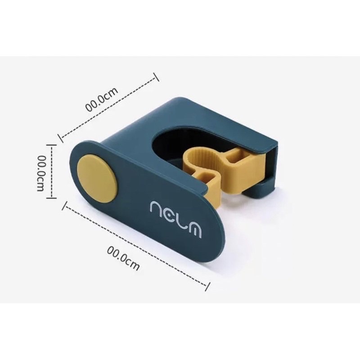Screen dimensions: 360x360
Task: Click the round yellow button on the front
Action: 98,179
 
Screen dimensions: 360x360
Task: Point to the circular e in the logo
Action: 170,215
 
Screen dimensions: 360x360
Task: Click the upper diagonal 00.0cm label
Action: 102,99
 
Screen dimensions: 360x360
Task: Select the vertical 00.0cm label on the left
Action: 40,173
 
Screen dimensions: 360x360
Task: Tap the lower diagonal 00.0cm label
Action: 123,258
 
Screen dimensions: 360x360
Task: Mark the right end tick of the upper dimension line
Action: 156,77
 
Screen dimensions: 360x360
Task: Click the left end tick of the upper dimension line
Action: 60,138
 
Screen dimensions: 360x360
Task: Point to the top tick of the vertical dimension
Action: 51,145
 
